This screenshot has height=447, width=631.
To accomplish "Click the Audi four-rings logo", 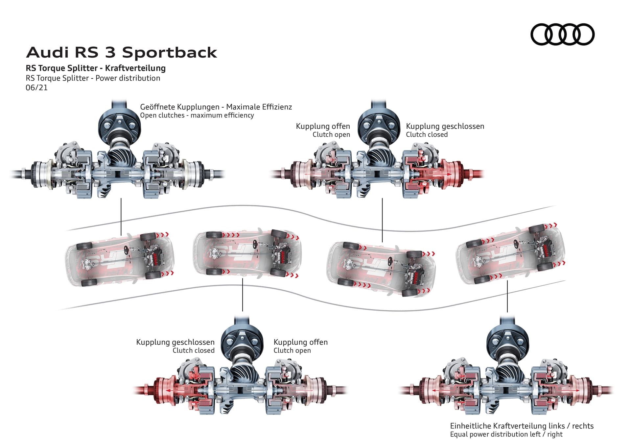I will pos(562,34).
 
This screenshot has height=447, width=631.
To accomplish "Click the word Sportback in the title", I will pos(169,53).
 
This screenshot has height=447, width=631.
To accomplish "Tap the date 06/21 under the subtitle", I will pos(36,88).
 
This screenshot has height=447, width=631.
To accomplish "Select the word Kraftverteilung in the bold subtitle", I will pos(135,68).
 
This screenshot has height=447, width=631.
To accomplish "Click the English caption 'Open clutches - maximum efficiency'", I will pos(197,116).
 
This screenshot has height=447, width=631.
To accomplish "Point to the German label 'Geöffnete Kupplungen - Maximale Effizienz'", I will pos(216,107).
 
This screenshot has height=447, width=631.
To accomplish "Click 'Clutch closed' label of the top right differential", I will pos(427,135).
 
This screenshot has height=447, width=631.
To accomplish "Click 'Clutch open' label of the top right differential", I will pos(331,135).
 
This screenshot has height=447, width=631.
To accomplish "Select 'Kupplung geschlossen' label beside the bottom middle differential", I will pos(175,342).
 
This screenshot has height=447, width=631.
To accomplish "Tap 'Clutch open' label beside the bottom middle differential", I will pos(292,351).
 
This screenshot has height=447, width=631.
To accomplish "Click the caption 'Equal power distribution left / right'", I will pos(506,434).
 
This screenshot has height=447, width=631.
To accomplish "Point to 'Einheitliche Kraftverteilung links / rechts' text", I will pos(522,426).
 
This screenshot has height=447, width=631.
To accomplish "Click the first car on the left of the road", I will pos(120,258).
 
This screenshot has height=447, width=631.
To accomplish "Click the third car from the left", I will pos(381,268).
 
